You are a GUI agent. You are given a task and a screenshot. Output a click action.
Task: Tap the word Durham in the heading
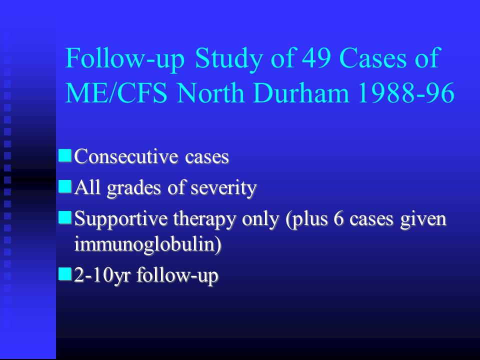301,93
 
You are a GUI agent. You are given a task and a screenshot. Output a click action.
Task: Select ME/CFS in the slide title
116,93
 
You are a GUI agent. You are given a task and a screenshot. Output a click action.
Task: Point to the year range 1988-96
406,93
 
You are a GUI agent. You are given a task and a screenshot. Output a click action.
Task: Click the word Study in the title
228,59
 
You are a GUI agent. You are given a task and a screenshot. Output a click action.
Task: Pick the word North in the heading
210,93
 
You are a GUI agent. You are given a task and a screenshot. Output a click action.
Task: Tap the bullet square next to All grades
65,186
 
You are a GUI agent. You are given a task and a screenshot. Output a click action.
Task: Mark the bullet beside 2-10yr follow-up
65,273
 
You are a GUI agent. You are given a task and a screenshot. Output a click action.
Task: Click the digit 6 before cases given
338,218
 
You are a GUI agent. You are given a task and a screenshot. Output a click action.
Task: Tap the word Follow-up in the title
125,59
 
